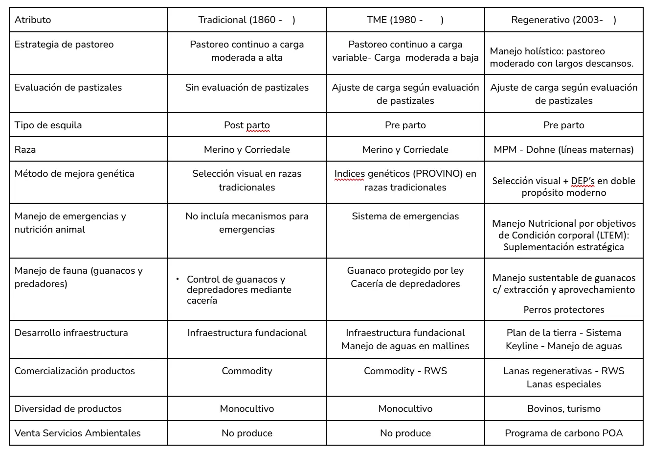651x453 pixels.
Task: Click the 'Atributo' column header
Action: [33, 20]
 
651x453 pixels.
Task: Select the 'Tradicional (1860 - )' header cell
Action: [247, 20]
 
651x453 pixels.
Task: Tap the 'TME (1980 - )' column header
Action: [405, 20]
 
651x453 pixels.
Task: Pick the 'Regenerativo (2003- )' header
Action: [563, 20]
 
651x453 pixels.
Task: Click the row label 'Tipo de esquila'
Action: [48, 125]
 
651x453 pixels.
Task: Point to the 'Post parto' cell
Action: [247, 125]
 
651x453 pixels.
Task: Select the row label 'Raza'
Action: [25, 150]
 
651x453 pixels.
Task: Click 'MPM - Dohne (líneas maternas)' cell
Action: [563, 150]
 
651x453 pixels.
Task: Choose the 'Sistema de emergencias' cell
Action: [405, 216]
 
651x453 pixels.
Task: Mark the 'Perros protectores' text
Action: [563, 310]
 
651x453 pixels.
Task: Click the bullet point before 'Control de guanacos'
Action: [178, 279]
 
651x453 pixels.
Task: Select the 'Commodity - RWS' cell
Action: [405, 371]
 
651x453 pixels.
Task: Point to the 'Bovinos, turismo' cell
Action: [563, 409]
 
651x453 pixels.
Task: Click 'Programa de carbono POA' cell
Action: [563, 433]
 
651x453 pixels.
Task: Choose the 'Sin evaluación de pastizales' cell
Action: [247, 88]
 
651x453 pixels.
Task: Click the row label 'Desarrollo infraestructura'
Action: [71, 333]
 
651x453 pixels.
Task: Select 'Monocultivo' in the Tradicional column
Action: [247, 409]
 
